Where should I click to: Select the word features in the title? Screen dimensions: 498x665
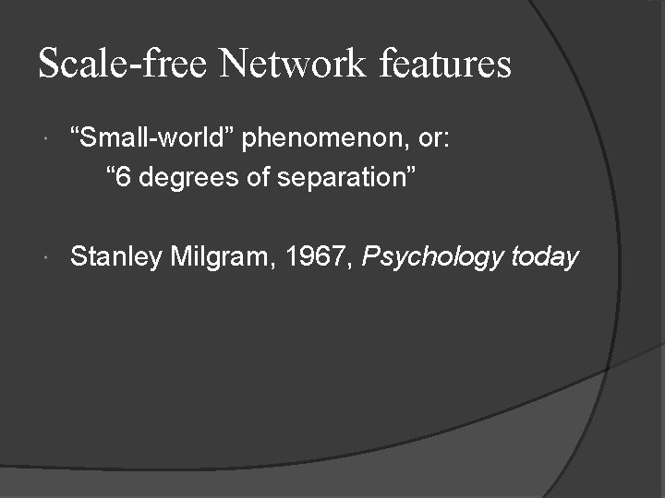pos(446,64)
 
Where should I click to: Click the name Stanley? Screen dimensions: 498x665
pos(115,256)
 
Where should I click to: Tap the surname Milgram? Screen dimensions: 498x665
pos(218,258)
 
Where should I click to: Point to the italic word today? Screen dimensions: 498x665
pos(544,257)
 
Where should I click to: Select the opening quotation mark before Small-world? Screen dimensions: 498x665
pos(76,132)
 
